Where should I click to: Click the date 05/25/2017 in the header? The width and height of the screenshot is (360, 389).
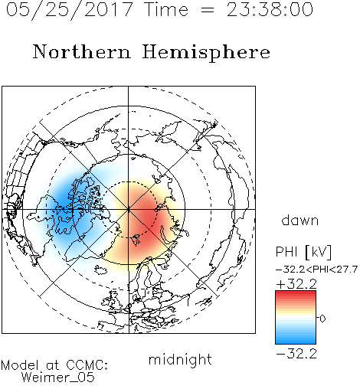(x=70, y=10)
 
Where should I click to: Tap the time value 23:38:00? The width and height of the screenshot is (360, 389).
(x=270, y=10)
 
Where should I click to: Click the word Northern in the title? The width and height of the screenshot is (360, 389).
(x=82, y=51)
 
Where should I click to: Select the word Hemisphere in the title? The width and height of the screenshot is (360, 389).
(x=206, y=53)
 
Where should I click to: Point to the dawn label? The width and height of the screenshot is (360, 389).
(x=300, y=220)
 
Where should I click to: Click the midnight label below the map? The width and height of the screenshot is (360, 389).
(x=180, y=360)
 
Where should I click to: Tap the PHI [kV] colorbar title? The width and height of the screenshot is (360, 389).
(x=303, y=252)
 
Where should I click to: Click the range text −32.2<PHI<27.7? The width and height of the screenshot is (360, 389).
(x=316, y=270)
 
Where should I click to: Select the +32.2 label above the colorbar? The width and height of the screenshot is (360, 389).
(x=296, y=284)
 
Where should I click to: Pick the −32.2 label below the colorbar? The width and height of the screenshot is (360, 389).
(x=296, y=354)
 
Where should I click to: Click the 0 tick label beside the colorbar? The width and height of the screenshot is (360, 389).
(x=322, y=319)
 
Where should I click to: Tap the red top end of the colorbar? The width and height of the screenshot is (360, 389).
(x=296, y=293)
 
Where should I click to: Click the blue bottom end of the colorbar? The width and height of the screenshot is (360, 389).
(x=296, y=342)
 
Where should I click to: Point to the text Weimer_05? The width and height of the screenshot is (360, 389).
(x=58, y=378)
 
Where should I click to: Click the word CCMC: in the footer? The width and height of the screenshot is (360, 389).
(x=87, y=365)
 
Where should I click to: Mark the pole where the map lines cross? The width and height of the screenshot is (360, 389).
(x=129, y=209)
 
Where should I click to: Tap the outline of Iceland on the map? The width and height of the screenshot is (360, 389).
(x=100, y=270)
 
